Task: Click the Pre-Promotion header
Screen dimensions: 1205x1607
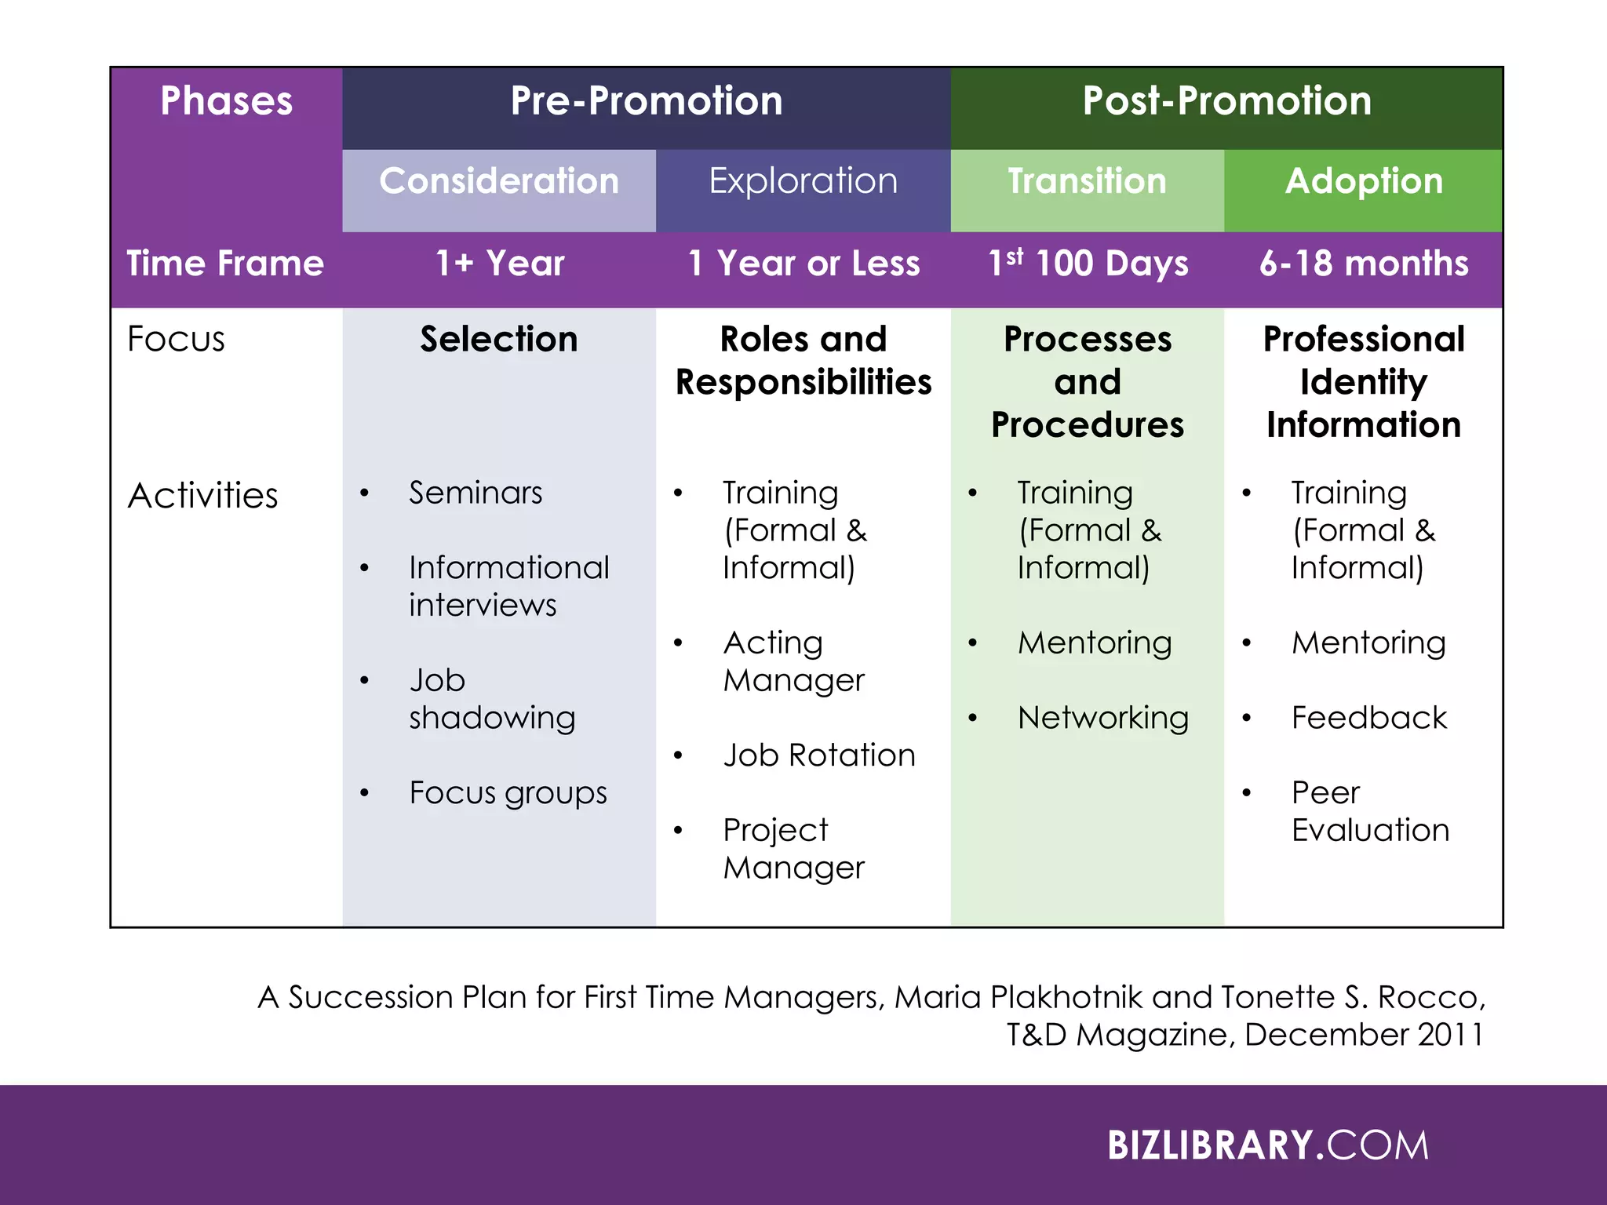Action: [x=647, y=101]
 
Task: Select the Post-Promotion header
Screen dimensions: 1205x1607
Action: [x=1226, y=101]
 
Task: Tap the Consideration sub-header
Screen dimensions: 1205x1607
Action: [x=499, y=181]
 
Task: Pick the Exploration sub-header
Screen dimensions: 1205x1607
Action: [x=803, y=181]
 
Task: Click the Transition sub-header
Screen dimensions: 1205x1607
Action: [x=1087, y=181]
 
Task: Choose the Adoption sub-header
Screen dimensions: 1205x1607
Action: [x=1364, y=181]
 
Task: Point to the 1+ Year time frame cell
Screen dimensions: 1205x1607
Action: [x=500, y=264]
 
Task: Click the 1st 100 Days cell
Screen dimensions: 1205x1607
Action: [x=1088, y=264]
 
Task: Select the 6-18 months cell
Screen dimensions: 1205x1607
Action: [x=1364, y=264]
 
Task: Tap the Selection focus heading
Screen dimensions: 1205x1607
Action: [x=499, y=340]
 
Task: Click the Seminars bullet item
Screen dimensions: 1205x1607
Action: [x=476, y=493]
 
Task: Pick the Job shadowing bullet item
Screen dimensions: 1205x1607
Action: [x=491, y=698]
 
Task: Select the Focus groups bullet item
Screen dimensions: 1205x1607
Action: [x=508, y=793]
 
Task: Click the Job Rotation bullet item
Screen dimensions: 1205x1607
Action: [x=819, y=755]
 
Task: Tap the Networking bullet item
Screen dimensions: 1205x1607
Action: [x=1102, y=718]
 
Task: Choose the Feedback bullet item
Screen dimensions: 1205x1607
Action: [x=1369, y=718]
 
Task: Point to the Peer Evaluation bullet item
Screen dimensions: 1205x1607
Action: [x=1369, y=811]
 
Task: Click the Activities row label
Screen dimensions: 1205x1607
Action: [x=202, y=496]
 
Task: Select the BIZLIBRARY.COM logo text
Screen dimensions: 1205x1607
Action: [x=1268, y=1145]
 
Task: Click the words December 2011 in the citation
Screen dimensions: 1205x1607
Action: [x=1364, y=1035]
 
